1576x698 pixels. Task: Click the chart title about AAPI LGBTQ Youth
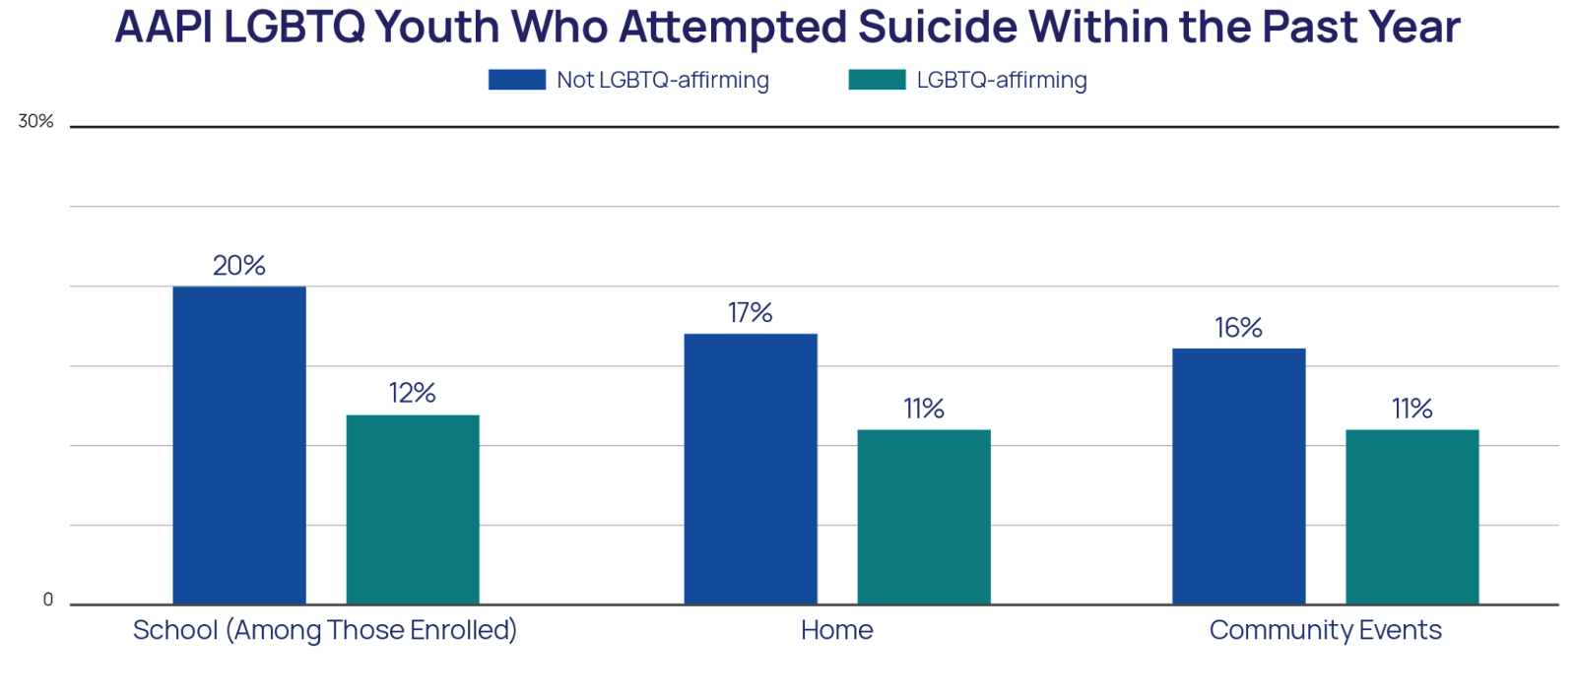coord(787,28)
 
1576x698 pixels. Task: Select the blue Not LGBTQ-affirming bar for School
coord(239,444)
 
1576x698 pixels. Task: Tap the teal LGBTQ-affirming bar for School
coord(413,509)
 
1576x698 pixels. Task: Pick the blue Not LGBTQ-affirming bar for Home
coord(751,469)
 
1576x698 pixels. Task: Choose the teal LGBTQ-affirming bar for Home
coord(924,516)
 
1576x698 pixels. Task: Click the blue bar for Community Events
coord(1238,476)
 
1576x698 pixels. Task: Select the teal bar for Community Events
coord(1412,516)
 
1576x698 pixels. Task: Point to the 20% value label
coord(239,266)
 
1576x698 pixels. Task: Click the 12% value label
coord(413,394)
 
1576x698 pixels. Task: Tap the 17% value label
coord(750,313)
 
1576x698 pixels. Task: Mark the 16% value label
coord(1238,328)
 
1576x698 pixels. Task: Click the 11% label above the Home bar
coord(924,409)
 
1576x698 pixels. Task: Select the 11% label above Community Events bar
coord(1412,409)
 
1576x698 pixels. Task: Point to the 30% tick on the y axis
coord(35,121)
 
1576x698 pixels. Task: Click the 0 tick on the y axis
coord(48,600)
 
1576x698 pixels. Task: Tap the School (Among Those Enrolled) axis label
coord(325,630)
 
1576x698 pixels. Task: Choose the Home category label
coord(836,630)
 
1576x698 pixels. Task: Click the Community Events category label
coord(1325,630)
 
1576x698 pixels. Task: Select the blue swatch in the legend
coord(517,80)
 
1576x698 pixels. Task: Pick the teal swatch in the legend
coord(877,80)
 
